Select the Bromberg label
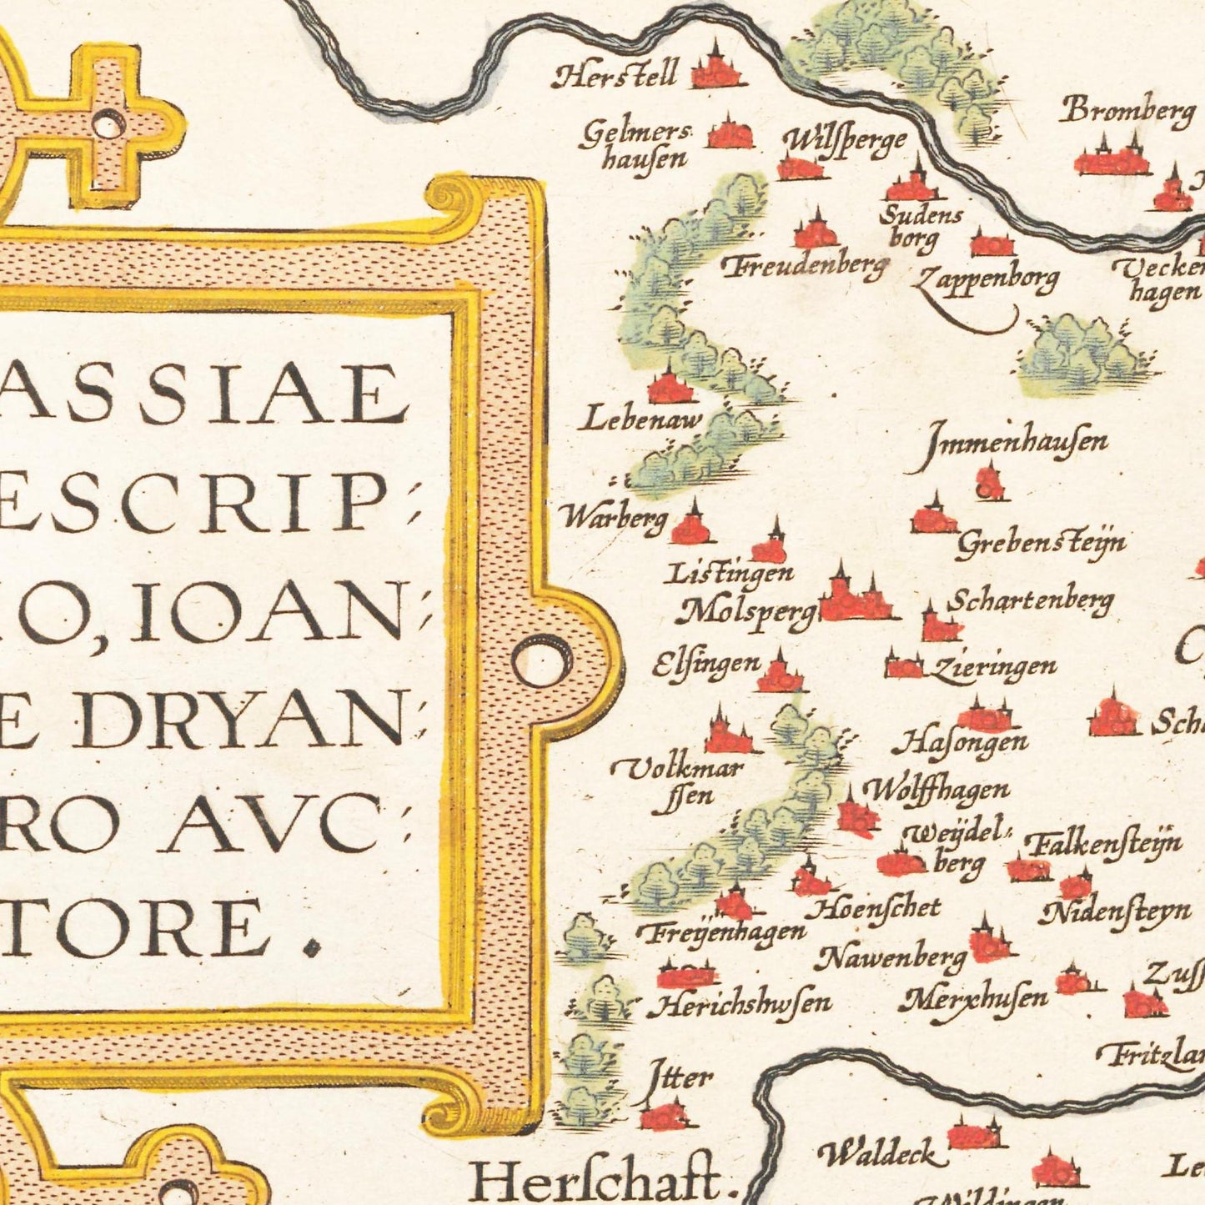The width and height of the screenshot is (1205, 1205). pos(1127,110)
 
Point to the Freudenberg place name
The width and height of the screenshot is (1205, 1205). pos(805,266)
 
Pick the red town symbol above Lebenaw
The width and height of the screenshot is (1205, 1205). pos(670,385)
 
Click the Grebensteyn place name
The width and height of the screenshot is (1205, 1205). pos(1041,544)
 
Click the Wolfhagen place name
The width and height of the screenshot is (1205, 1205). pos(936,789)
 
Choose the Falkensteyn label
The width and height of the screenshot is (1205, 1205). pos(1102,844)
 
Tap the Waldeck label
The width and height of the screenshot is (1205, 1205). pos(881,1155)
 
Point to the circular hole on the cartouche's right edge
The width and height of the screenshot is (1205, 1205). pos(541,661)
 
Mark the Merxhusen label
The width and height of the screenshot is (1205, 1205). pos(973,998)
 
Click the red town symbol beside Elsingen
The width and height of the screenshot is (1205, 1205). pos(780,676)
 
